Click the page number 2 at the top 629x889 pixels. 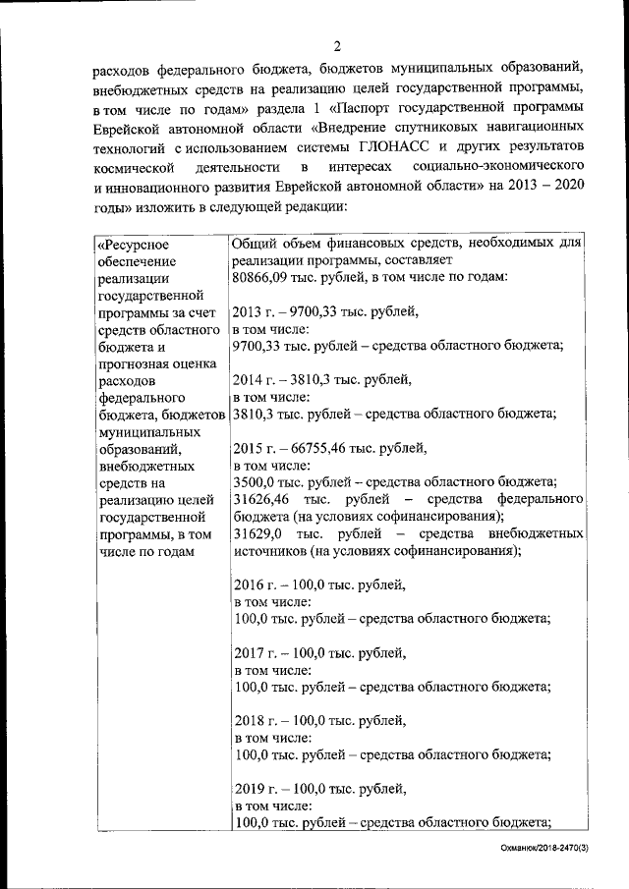click(x=337, y=46)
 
